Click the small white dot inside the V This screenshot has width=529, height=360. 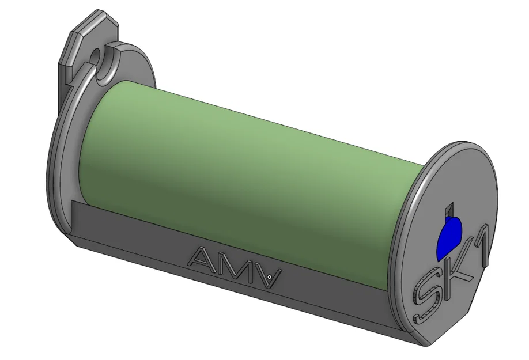pyautogui.click(x=269, y=277)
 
